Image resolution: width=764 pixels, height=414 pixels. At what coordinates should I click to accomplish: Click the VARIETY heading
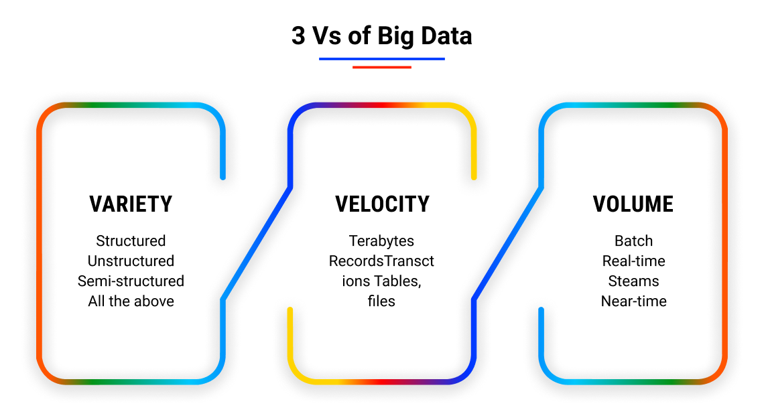(131, 204)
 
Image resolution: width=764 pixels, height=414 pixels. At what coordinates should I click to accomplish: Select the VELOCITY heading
(382, 204)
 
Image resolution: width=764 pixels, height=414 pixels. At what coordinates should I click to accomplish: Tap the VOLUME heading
(633, 204)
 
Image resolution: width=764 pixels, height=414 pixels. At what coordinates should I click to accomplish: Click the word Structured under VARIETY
(131, 240)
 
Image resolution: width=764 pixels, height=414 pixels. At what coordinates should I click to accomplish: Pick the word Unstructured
(131, 261)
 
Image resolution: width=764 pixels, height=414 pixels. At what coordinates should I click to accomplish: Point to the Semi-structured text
(131, 281)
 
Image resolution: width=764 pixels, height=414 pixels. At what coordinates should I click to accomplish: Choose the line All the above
(131, 301)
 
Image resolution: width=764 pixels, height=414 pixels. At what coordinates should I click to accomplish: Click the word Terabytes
(381, 240)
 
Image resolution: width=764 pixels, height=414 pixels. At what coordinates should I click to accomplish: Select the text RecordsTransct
(381, 261)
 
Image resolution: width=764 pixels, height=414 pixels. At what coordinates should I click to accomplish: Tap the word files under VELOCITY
(381, 301)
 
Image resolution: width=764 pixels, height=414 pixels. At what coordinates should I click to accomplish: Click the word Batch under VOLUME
(633, 240)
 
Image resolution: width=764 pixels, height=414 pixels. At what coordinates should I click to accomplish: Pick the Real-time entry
(633, 261)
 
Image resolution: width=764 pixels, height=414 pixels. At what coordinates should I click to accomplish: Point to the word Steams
(633, 281)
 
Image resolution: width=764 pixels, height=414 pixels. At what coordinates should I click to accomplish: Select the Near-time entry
(633, 301)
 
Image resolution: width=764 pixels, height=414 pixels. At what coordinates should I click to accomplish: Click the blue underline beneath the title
(381, 59)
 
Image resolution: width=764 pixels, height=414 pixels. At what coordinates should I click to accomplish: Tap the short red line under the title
(381, 67)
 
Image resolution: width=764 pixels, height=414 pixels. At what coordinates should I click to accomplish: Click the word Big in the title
(395, 36)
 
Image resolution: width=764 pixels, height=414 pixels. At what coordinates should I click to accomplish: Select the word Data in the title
(446, 36)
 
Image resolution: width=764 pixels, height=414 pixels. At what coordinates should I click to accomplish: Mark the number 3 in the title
(298, 36)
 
